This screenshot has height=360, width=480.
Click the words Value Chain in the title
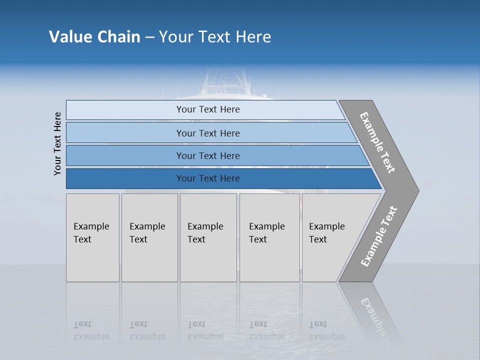[x=94, y=36]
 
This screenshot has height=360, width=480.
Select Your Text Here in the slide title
[x=215, y=36]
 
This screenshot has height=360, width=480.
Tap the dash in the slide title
[x=149, y=37]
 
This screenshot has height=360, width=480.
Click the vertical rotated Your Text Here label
[x=57, y=143]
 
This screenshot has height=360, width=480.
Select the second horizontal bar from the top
[x=208, y=133]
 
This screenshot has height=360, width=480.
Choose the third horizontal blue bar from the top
[x=208, y=155]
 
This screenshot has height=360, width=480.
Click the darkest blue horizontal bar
[x=208, y=178]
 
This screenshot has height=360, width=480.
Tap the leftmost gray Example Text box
[x=92, y=237]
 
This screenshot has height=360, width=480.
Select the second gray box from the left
[x=149, y=237]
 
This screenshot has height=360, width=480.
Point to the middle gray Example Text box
[x=208, y=237]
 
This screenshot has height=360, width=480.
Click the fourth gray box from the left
[x=269, y=237]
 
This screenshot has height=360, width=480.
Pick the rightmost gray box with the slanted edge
[x=330, y=237]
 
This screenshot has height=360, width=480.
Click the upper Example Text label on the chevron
[x=377, y=142]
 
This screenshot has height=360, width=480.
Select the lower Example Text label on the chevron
[x=378, y=236]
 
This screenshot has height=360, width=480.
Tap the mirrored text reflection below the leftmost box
[x=91, y=330]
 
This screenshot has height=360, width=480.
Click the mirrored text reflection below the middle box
[x=205, y=330]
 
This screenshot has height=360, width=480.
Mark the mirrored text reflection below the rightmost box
[x=326, y=330]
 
